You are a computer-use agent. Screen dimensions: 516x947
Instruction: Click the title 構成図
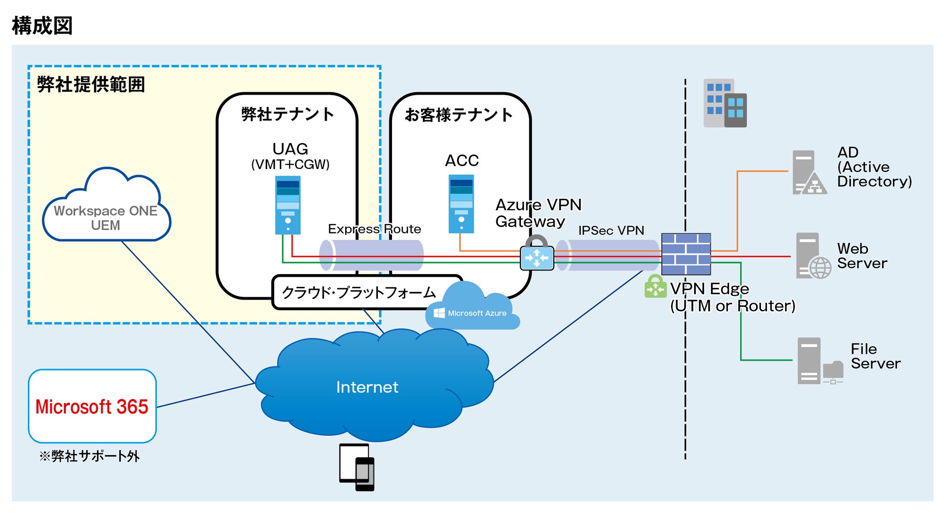pos(42,26)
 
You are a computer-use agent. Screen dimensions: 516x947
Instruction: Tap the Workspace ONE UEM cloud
pos(106,211)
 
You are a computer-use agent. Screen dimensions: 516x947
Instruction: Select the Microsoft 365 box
pos(92,406)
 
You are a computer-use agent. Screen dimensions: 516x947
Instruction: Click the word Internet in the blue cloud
pos(367,387)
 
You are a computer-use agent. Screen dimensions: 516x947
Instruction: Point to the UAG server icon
pos(288,205)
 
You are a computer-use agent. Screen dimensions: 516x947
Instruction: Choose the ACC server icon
pos(461,204)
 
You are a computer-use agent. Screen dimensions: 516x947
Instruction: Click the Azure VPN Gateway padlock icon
pos(537,254)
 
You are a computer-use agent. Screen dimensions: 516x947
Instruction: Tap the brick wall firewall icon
pos(686,254)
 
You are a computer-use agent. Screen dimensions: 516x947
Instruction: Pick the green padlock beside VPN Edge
pos(655,286)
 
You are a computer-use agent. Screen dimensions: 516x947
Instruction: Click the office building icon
pos(725,103)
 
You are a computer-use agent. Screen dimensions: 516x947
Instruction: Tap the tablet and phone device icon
pos(357,467)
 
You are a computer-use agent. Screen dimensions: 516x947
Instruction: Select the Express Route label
pos(375,229)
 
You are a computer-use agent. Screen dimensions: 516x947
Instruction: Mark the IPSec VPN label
pos(611,231)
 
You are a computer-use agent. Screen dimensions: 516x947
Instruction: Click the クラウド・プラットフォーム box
pos(358,293)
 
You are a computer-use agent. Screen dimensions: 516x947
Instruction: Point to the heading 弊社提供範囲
pos(91,85)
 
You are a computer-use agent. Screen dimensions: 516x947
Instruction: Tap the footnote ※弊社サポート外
pos(89,456)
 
